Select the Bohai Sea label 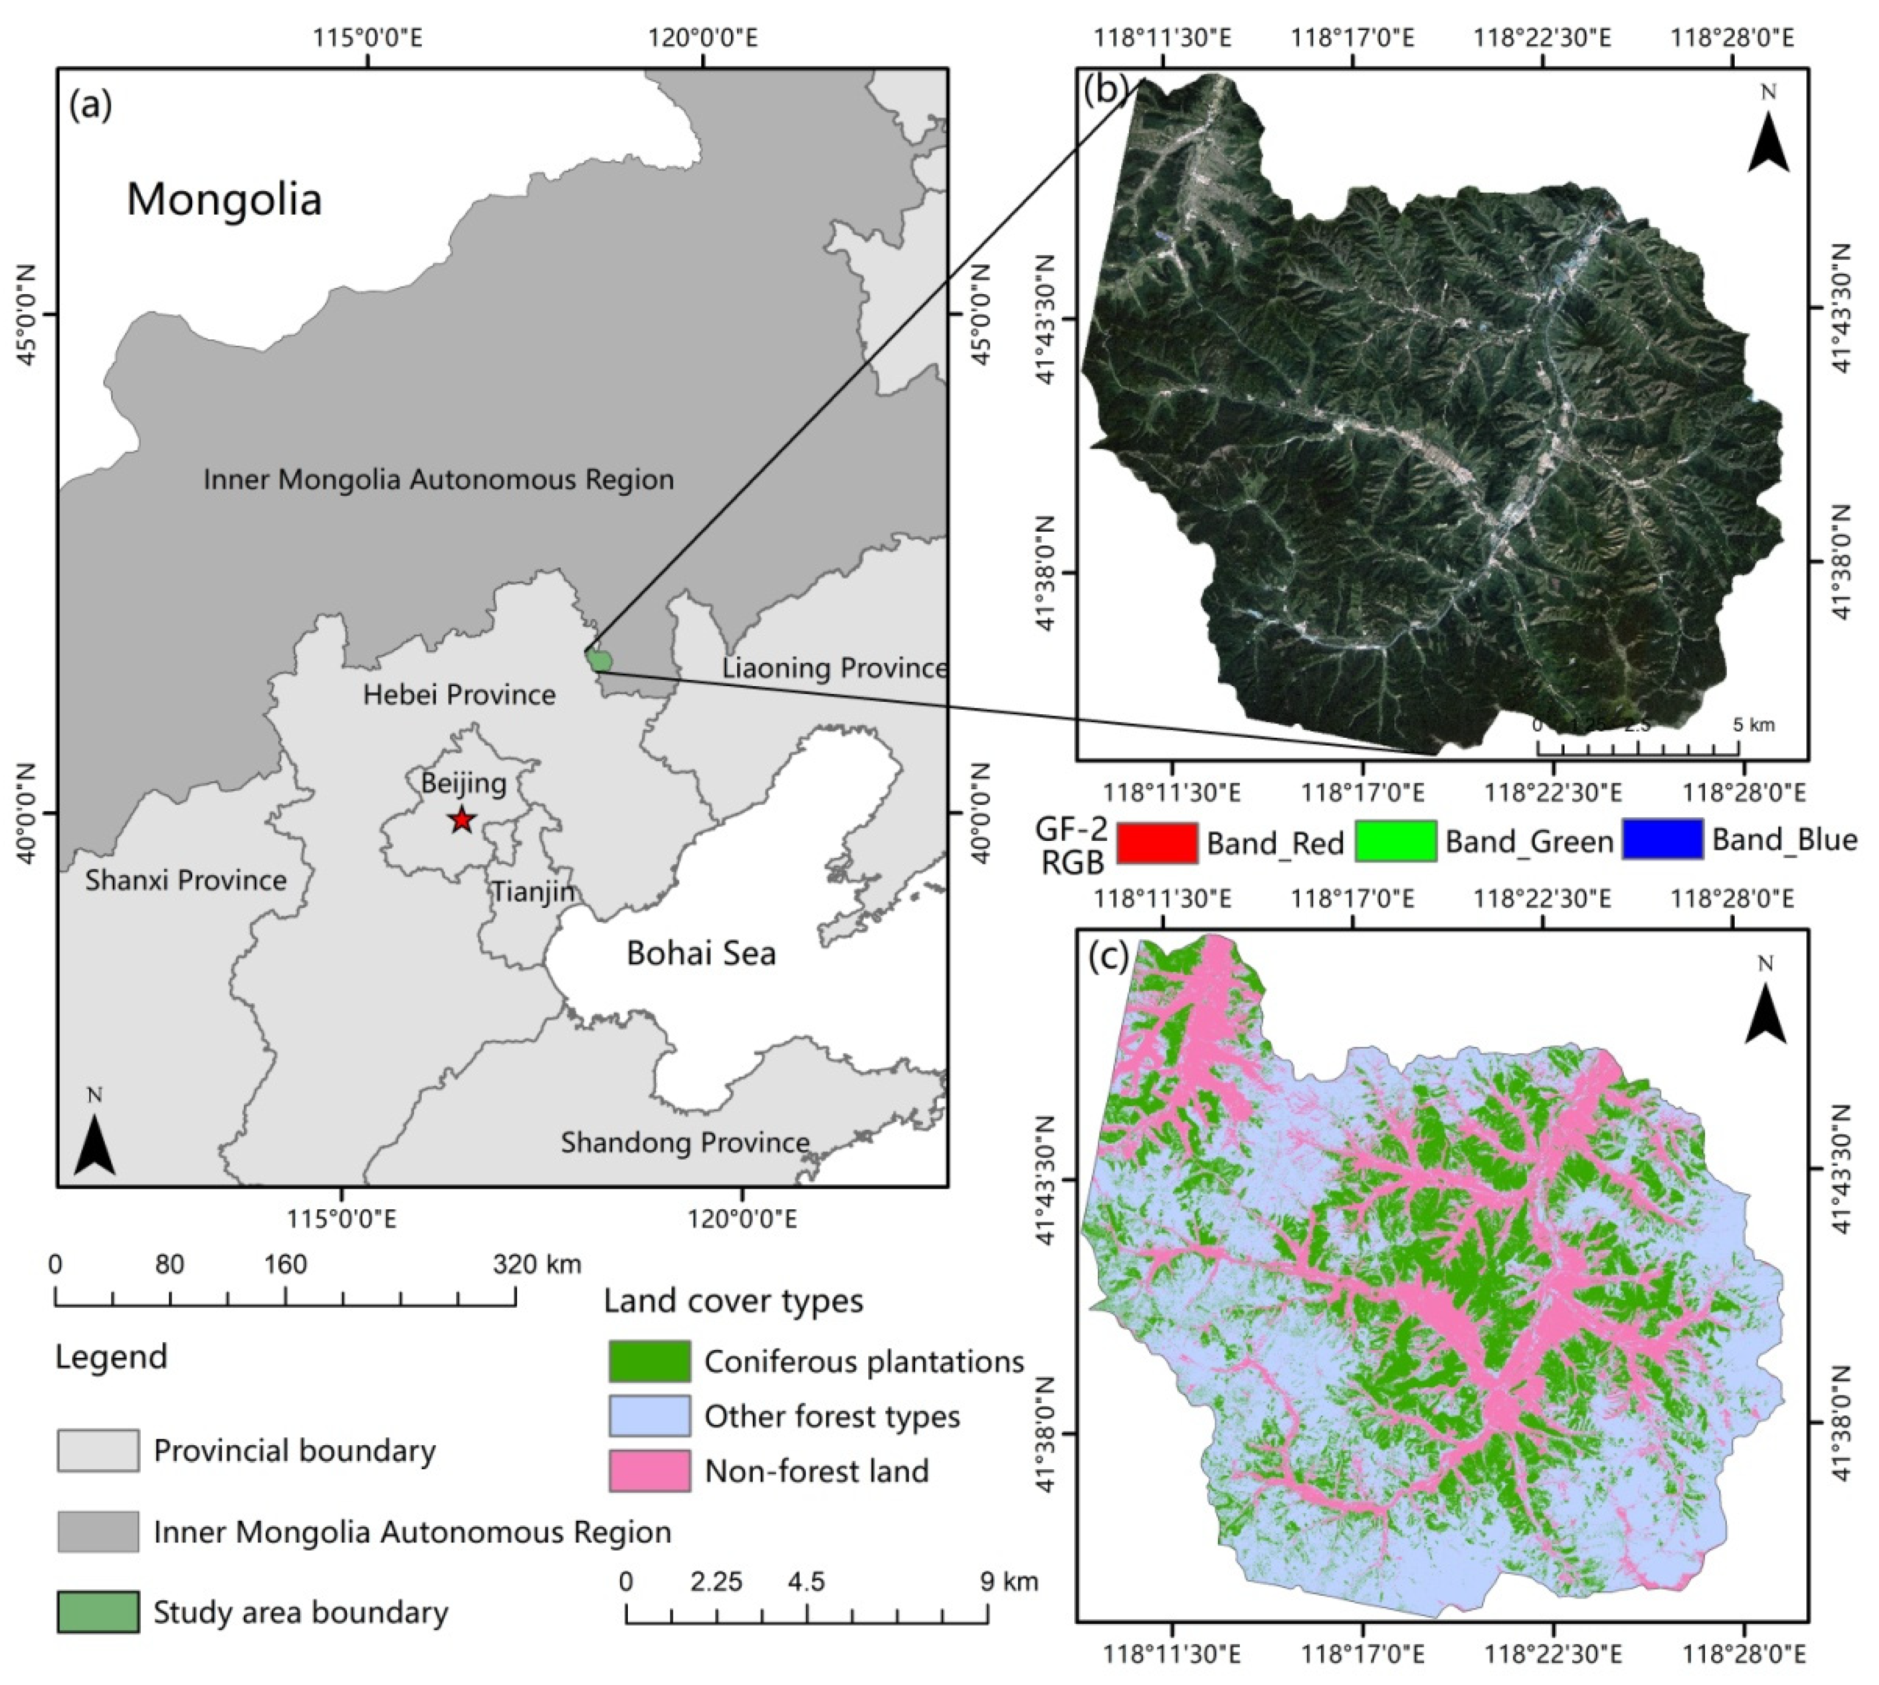coord(701,954)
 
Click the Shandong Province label coord(685,1142)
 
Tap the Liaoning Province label coord(833,667)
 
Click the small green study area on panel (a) coord(600,660)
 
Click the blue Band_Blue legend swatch coord(1662,840)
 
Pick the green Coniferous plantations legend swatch coord(649,1361)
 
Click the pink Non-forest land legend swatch coord(649,1471)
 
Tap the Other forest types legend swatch coord(649,1415)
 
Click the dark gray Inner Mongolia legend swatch coord(97,1532)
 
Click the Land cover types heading coord(733,1301)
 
